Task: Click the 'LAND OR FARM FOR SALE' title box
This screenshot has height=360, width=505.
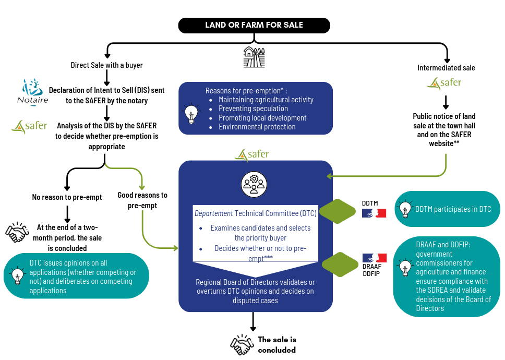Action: [x=254, y=25]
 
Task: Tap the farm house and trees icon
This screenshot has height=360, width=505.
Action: [x=254, y=57]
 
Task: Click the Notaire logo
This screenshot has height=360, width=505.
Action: [x=32, y=92]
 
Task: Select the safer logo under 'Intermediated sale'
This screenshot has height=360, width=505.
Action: [x=444, y=83]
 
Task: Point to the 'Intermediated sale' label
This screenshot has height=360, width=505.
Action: [x=446, y=68]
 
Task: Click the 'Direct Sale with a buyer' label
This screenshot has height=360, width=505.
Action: [x=106, y=65]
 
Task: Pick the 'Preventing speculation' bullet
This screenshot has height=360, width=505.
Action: [x=253, y=109]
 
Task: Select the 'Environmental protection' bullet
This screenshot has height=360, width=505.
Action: [x=257, y=127]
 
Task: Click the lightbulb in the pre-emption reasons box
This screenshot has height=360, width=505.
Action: [x=191, y=113]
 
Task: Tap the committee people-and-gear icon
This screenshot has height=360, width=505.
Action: [x=254, y=184]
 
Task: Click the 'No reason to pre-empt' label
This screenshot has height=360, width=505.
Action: [x=67, y=197]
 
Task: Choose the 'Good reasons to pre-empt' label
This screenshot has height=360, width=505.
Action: [x=142, y=200]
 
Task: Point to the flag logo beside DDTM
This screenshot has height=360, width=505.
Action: [x=374, y=213]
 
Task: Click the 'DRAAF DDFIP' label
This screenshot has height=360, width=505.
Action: [x=371, y=270]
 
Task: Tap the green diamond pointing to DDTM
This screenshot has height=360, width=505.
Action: [x=337, y=211]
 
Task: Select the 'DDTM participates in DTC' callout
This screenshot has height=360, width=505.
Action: [x=447, y=209]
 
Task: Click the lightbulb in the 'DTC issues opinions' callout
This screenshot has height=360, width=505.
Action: [x=18, y=275]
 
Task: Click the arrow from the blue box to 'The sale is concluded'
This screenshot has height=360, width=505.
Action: [x=253, y=322]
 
